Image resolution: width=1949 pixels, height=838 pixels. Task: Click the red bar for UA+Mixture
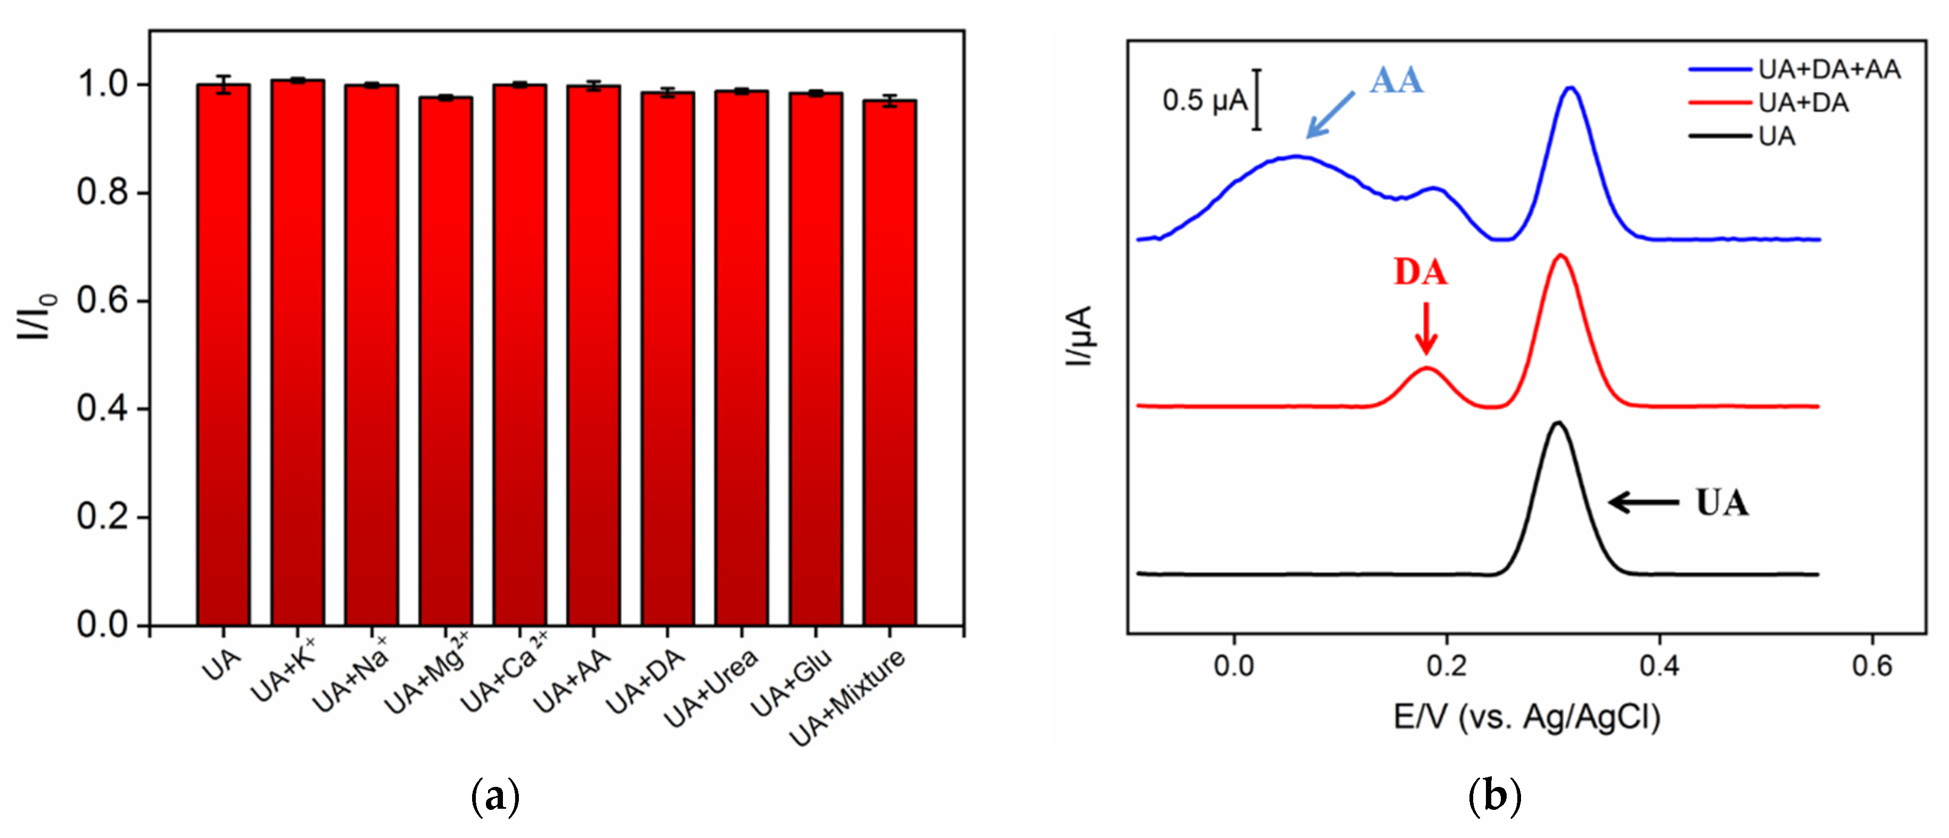click(890, 363)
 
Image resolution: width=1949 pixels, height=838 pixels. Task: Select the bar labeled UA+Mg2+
click(446, 363)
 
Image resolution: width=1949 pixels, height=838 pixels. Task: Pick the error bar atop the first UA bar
click(223, 84)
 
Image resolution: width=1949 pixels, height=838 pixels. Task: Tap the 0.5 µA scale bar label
click(1205, 101)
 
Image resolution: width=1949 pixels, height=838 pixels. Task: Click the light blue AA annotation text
click(1396, 81)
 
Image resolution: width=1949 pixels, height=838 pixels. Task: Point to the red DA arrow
click(1426, 328)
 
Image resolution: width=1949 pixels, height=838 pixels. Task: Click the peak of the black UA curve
click(1557, 423)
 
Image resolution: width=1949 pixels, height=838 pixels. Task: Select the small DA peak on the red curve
click(1426, 369)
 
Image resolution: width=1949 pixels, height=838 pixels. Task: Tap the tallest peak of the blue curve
click(1570, 88)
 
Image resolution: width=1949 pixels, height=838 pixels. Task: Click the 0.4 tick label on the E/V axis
click(1659, 666)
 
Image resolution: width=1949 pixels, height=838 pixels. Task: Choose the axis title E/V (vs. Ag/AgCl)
click(1526, 717)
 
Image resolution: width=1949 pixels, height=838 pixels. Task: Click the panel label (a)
click(495, 797)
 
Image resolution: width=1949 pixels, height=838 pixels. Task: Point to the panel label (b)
click(1494, 797)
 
